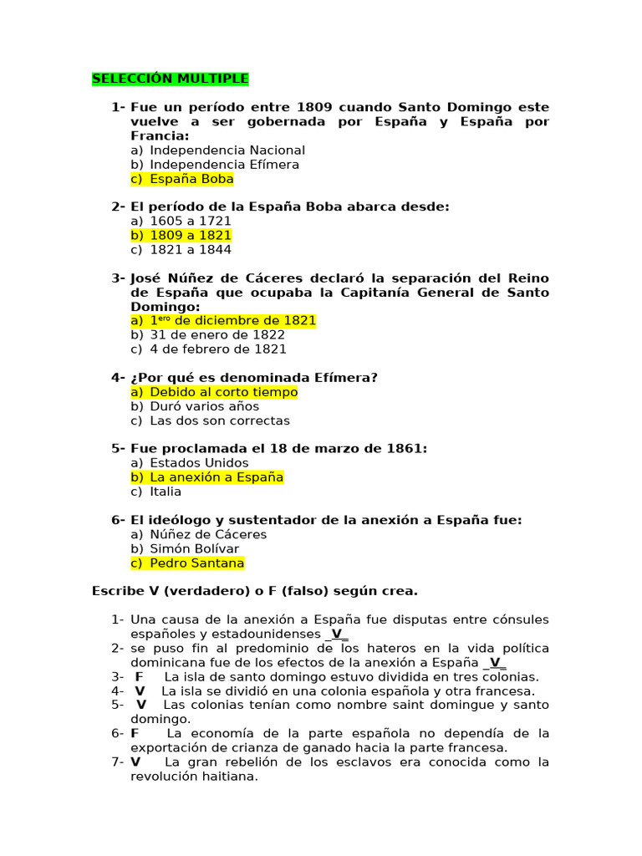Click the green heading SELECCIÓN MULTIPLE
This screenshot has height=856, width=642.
170,79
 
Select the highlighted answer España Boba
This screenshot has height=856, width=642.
191,179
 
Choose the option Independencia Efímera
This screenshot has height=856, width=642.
224,165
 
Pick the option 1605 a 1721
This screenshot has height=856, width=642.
191,222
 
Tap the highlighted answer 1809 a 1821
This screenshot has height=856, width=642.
191,236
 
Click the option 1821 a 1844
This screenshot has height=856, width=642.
191,250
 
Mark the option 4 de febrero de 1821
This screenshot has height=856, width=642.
217,349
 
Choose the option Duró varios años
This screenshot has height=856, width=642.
204,406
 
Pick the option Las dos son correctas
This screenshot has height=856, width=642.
220,420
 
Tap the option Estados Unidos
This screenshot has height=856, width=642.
199,463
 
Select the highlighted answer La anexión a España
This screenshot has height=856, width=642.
217,477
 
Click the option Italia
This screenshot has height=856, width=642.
166,492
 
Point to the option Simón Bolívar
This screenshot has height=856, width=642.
194,548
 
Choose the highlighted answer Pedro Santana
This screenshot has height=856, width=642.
197,563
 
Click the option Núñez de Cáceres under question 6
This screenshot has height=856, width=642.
208,534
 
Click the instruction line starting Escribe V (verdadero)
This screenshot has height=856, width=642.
254,591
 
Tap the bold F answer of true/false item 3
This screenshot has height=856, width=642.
139,677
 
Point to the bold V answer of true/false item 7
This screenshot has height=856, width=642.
135,762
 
